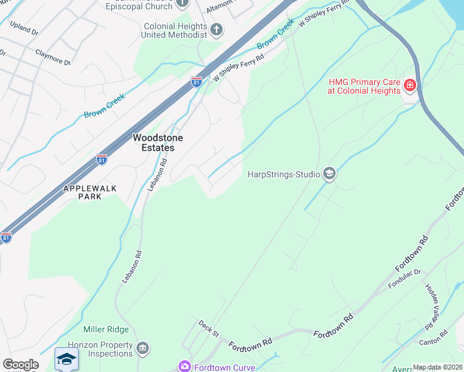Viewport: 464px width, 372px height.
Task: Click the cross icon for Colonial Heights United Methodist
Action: point(216,29)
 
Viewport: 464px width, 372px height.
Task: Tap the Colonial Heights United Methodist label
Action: point(176,31)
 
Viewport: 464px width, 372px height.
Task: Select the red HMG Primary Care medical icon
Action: point(409,85)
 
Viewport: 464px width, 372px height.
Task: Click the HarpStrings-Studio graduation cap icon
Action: point(329,174)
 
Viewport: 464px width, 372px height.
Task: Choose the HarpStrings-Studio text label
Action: point(282,175)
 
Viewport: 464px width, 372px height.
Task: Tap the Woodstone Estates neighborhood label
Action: point(153,143)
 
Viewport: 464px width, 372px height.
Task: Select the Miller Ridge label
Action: point(106,329)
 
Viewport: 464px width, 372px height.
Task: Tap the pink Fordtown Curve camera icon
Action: point(184,366)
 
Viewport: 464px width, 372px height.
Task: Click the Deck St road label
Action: point(209,329)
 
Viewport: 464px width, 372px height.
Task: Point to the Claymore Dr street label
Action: point(53,58)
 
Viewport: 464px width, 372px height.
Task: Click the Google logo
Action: point(20,365)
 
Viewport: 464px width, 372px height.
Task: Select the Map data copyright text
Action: point(437,367)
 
